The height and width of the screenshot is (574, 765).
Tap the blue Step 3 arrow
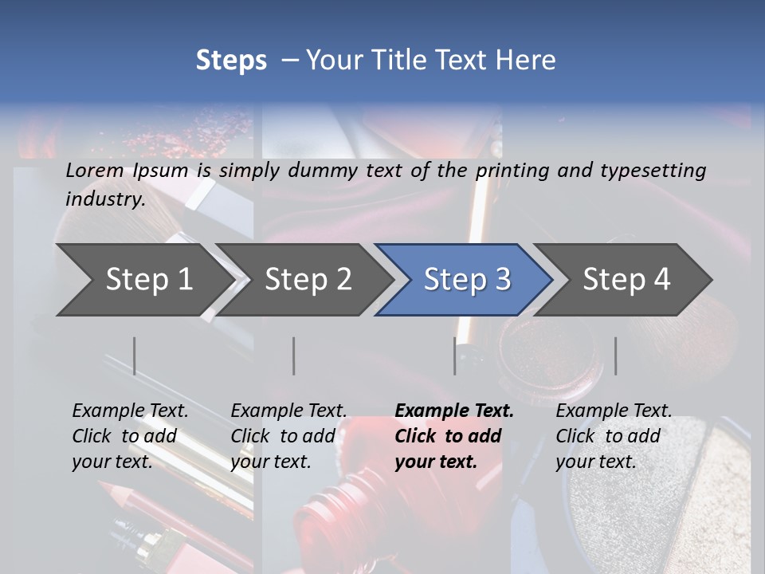point(467,280)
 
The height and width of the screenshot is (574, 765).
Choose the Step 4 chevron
point(626,280)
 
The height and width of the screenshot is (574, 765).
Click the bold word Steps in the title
point(231,61)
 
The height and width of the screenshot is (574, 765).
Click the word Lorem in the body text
point(95,171)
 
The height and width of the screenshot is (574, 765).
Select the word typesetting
point(653,171)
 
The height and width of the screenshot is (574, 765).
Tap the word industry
point(105,199)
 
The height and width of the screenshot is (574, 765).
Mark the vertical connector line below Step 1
point(135,356)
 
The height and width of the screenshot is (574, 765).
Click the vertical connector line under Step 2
point(294,356)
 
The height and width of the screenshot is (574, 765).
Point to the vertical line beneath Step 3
point(455,356)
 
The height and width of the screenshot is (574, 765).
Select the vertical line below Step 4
point(616,356)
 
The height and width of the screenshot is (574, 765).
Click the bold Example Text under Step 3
point(454,411)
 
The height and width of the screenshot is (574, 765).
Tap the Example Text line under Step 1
point(130,411)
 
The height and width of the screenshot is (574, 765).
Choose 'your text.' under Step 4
point(595,462)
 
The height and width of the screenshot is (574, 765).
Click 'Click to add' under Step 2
point(283,437)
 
